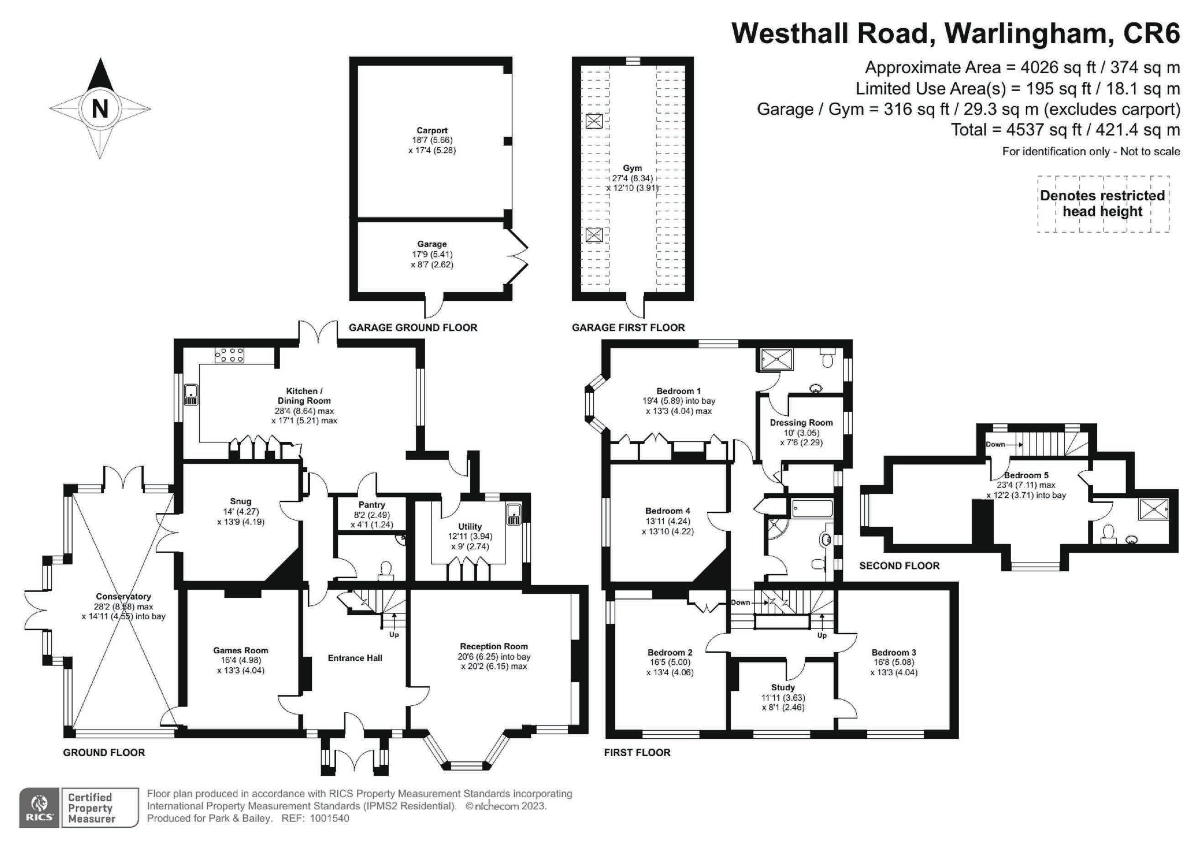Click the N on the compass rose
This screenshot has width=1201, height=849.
[x=100, y=109]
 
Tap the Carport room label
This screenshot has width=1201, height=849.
[x=432, y=130]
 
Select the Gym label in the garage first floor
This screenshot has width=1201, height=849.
[x=632, y=168]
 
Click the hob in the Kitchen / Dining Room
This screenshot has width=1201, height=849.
[x=229, y=355]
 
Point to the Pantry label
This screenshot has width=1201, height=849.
[x=371, y=505]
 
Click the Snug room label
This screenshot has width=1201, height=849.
[x=240, y=501]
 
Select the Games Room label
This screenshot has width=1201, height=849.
[x=240, y=650]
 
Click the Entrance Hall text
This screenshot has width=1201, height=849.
[x=355, y=658]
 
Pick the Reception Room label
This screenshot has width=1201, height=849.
[x=494, y=646]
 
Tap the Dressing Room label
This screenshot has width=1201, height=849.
[x=801, y=422]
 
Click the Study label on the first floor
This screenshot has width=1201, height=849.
[x=783, y=688]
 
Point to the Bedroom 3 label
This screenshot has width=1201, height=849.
[x=893, y=652]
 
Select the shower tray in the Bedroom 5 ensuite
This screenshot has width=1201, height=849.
[x=1154, y=507]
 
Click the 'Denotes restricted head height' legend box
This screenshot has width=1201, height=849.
[x=1102, y=203]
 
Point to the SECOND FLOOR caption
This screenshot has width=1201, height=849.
[x=899, y=566]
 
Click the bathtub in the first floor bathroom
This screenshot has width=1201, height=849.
[x=812, y=508]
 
